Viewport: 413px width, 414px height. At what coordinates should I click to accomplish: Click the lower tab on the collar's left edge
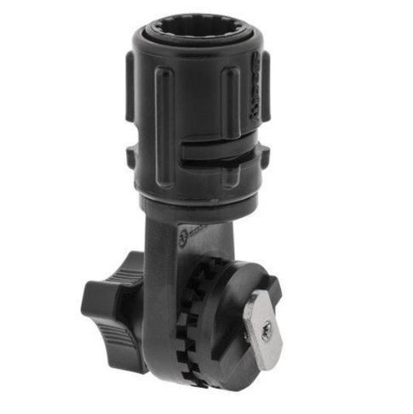[131, 156]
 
